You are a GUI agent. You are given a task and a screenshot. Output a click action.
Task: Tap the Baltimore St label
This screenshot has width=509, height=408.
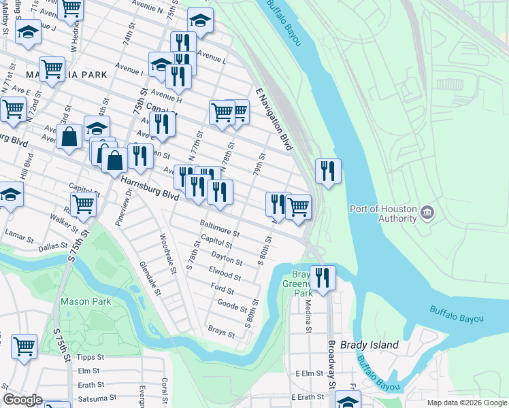click(x=219, y=228)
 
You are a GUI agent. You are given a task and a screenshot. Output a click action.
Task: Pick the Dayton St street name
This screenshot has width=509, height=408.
click(x=227, y=256)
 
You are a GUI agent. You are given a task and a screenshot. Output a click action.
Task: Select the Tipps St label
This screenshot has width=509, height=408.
click(x=91, y=357)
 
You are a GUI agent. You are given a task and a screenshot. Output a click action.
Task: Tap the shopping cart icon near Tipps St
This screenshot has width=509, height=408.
click(x=24, y=345)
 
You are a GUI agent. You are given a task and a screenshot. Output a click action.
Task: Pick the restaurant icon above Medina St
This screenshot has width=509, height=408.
click(x=323, y=277)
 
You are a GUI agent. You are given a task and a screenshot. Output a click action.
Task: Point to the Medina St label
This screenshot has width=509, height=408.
click(x=308, y=316)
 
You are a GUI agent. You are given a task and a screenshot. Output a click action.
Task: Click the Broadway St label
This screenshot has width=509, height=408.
click(x=332, y=364)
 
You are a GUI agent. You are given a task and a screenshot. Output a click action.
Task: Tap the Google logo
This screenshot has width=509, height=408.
click(x=22, y=400)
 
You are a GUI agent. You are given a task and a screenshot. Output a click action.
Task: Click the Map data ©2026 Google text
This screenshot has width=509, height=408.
click(x=466, y=403)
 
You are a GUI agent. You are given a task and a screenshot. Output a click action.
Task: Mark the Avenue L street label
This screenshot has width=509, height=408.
click(x=211, y=57)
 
